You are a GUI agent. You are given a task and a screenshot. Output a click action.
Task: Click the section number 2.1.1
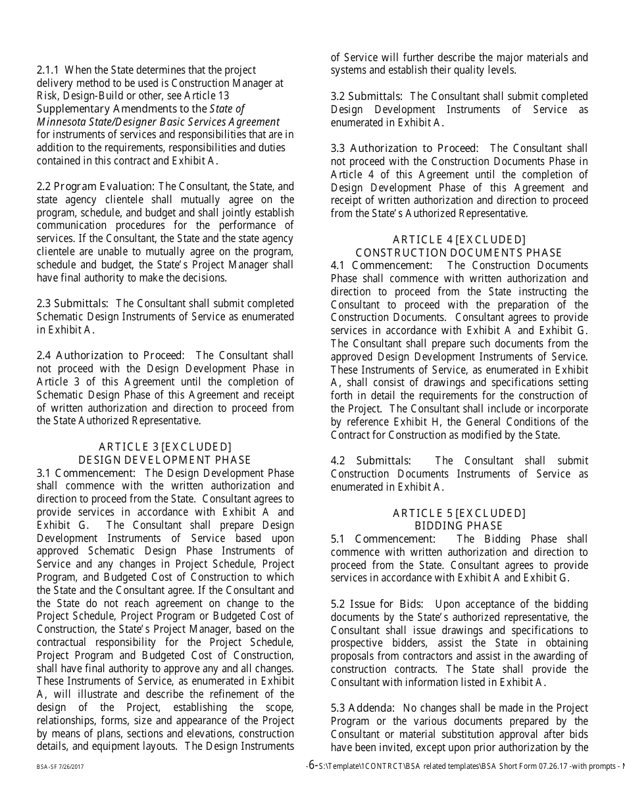(x=48, y=70)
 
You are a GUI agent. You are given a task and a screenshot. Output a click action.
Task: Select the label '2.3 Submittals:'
(x=73, y=304)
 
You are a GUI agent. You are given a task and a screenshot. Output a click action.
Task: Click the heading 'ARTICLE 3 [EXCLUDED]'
(x=165, y=447)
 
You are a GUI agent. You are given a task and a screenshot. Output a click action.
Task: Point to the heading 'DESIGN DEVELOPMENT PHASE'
(x=165, y=460)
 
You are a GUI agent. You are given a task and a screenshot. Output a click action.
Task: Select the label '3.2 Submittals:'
(x=367, y=97)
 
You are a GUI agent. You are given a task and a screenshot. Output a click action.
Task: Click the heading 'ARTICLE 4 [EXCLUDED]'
(x=459, y=240)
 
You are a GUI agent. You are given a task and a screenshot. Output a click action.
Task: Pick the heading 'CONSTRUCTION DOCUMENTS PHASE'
(x=459, y=253)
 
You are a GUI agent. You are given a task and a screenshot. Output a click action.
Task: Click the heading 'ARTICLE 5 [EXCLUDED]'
(x=459, y=513)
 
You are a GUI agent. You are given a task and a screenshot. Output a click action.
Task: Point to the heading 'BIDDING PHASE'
(x=459, y=526)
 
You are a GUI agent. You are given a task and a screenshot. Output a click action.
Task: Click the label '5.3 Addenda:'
(x=362, y=708)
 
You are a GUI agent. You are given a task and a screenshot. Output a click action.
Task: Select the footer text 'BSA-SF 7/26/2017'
(x=60, y=767)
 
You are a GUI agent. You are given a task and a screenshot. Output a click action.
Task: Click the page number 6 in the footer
(x=312, y=765)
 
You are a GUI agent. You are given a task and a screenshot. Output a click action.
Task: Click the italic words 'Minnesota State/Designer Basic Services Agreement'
(x=158, y=122)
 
